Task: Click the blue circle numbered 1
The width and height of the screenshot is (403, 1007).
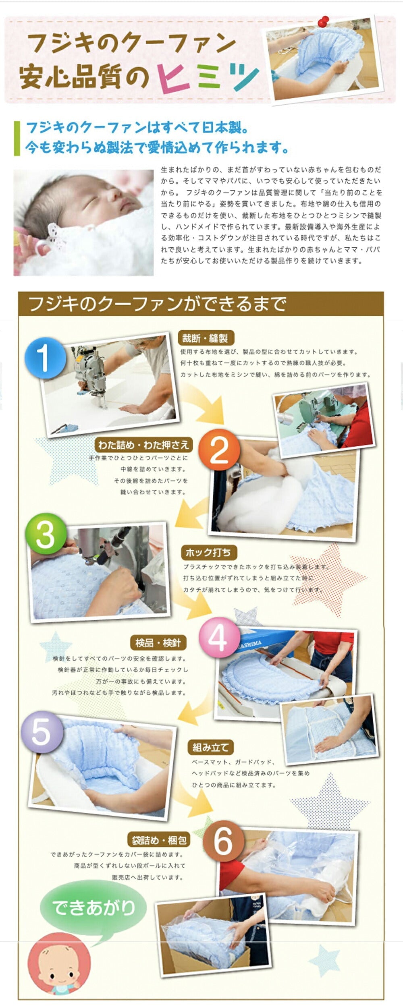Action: click(x=45, y=358)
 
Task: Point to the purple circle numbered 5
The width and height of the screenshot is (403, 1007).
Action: click(x=42, y=732)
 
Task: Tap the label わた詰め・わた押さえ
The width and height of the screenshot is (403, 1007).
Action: click(x=143, y=445)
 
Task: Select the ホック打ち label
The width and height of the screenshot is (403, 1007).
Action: click(x=208, y=552)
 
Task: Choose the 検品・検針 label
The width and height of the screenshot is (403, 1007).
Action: click(x=158, y=643)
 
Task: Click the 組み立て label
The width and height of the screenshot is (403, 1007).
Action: click(x=211, y=748)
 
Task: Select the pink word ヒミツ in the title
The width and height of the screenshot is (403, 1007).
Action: click(x=208, y=77)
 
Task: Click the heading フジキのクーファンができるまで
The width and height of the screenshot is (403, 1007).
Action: click(x=158, y=305)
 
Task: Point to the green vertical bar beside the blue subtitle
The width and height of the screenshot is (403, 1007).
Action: click(x=17, y=138)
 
